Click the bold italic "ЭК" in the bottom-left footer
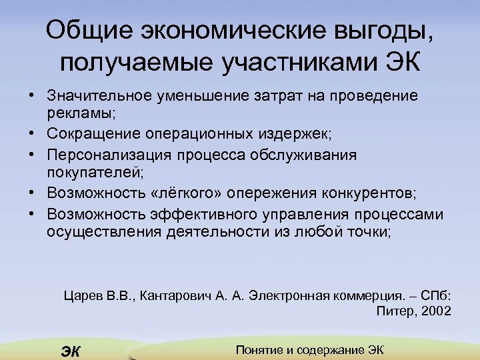[69, 351]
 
